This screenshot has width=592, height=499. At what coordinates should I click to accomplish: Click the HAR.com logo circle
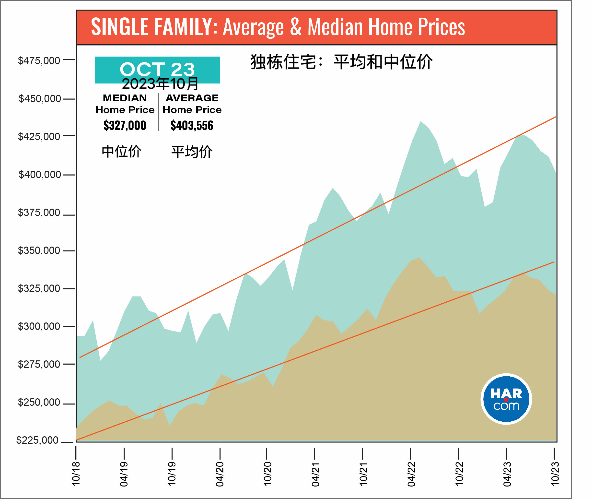pos(506,399)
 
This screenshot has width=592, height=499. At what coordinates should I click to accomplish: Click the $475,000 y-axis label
pos(39,60)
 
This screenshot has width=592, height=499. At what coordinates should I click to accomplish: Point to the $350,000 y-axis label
pos(39,250)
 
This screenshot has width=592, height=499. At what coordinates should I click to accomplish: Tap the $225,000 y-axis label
pos(37,440)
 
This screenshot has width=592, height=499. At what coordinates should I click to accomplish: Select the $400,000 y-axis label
pos(40,175)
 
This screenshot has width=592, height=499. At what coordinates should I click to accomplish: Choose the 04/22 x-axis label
pos(411,474)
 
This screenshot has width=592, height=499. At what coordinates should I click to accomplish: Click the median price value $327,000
pos(125,125)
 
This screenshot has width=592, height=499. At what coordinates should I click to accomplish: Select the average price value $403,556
pos(192,125)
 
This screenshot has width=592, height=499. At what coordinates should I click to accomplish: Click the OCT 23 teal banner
pos(157,70)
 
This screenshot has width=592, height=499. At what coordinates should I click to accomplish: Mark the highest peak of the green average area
pos(421,121)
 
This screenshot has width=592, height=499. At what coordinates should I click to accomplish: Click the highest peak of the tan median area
pos(419,257)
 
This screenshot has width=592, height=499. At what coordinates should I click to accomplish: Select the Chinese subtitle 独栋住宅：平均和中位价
pos(341,62)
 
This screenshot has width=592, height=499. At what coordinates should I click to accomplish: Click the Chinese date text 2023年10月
pos(160,84)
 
